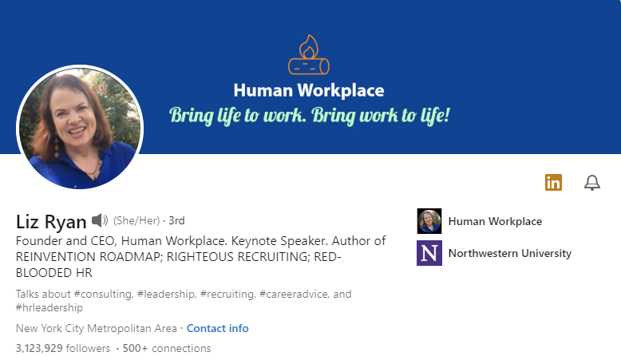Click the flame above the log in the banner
(309, 46)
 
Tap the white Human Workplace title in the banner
(309, 91)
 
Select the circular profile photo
(80, 128)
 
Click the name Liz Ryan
(51, 222)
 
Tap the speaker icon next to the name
(100, 220)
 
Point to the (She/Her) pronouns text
(136, 220)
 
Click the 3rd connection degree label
(176, 220)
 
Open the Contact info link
(217, 328)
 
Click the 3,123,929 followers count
(63, 349)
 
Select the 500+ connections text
(167, 349)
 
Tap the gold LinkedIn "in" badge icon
(553, 183)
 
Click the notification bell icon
(592, 183)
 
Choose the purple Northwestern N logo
(429, 253)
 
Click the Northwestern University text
(510, 254)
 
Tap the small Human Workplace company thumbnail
(429, 221)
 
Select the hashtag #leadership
(166, 295)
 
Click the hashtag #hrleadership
(49, 308)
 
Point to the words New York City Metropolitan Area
(97, 328)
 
